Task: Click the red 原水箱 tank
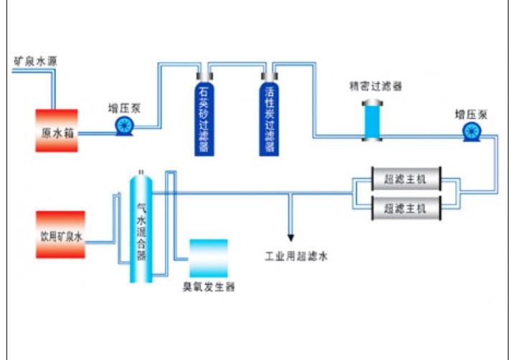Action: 57,130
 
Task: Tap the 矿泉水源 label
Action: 35,62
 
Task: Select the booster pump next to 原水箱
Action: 123,126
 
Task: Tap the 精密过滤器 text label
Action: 374,86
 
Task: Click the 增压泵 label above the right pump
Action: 471,114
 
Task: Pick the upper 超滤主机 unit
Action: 405,179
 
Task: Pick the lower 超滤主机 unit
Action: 405,209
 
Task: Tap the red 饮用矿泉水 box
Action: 61,235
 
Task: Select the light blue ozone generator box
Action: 208,257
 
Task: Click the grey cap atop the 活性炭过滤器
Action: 270,75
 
